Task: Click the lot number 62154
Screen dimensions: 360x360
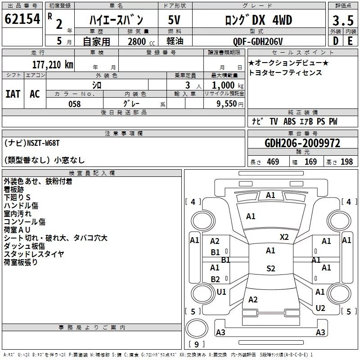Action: coord(22,19)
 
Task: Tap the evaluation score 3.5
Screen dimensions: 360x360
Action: coord(343,21)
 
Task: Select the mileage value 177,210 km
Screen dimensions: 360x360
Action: coord(53,65)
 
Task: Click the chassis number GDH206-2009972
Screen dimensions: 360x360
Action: coord(302,143)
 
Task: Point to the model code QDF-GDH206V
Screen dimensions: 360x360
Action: coord(258,41)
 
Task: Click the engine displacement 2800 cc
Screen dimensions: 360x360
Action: coord(141,41)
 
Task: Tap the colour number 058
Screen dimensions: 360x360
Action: coord(75,104)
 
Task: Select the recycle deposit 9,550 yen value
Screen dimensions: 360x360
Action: coord(230,104)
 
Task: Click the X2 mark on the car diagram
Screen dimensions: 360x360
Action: coord(284,237)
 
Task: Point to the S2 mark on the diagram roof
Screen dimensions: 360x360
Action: coord(271,268)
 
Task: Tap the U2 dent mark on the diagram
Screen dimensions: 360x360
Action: coord(320,308)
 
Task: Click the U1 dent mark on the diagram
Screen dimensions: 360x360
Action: coord(221,292)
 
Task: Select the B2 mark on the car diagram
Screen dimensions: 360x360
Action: coord(215,279)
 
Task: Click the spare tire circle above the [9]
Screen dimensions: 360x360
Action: coord(197,328)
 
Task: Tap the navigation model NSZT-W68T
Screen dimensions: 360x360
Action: coord(43,143)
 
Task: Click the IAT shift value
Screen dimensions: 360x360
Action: coord(13,94)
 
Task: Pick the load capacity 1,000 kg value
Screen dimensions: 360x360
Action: coord(228,85)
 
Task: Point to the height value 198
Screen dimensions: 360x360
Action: coord(346,162)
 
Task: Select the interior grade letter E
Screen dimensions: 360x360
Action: coord(350,41)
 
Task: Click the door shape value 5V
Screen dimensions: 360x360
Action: coord(174,20)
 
